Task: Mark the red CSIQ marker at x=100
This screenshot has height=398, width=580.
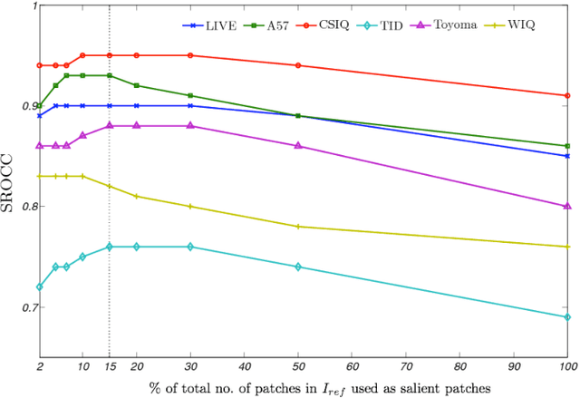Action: (x=567, y=95)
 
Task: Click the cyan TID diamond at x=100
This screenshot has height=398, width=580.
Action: (x=567, y=317)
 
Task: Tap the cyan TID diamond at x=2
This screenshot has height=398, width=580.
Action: (x=39, y=286)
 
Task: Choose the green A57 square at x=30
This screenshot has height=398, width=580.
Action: (x=189, y=95)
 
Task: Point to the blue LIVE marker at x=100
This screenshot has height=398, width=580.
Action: (x=567, y=156)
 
